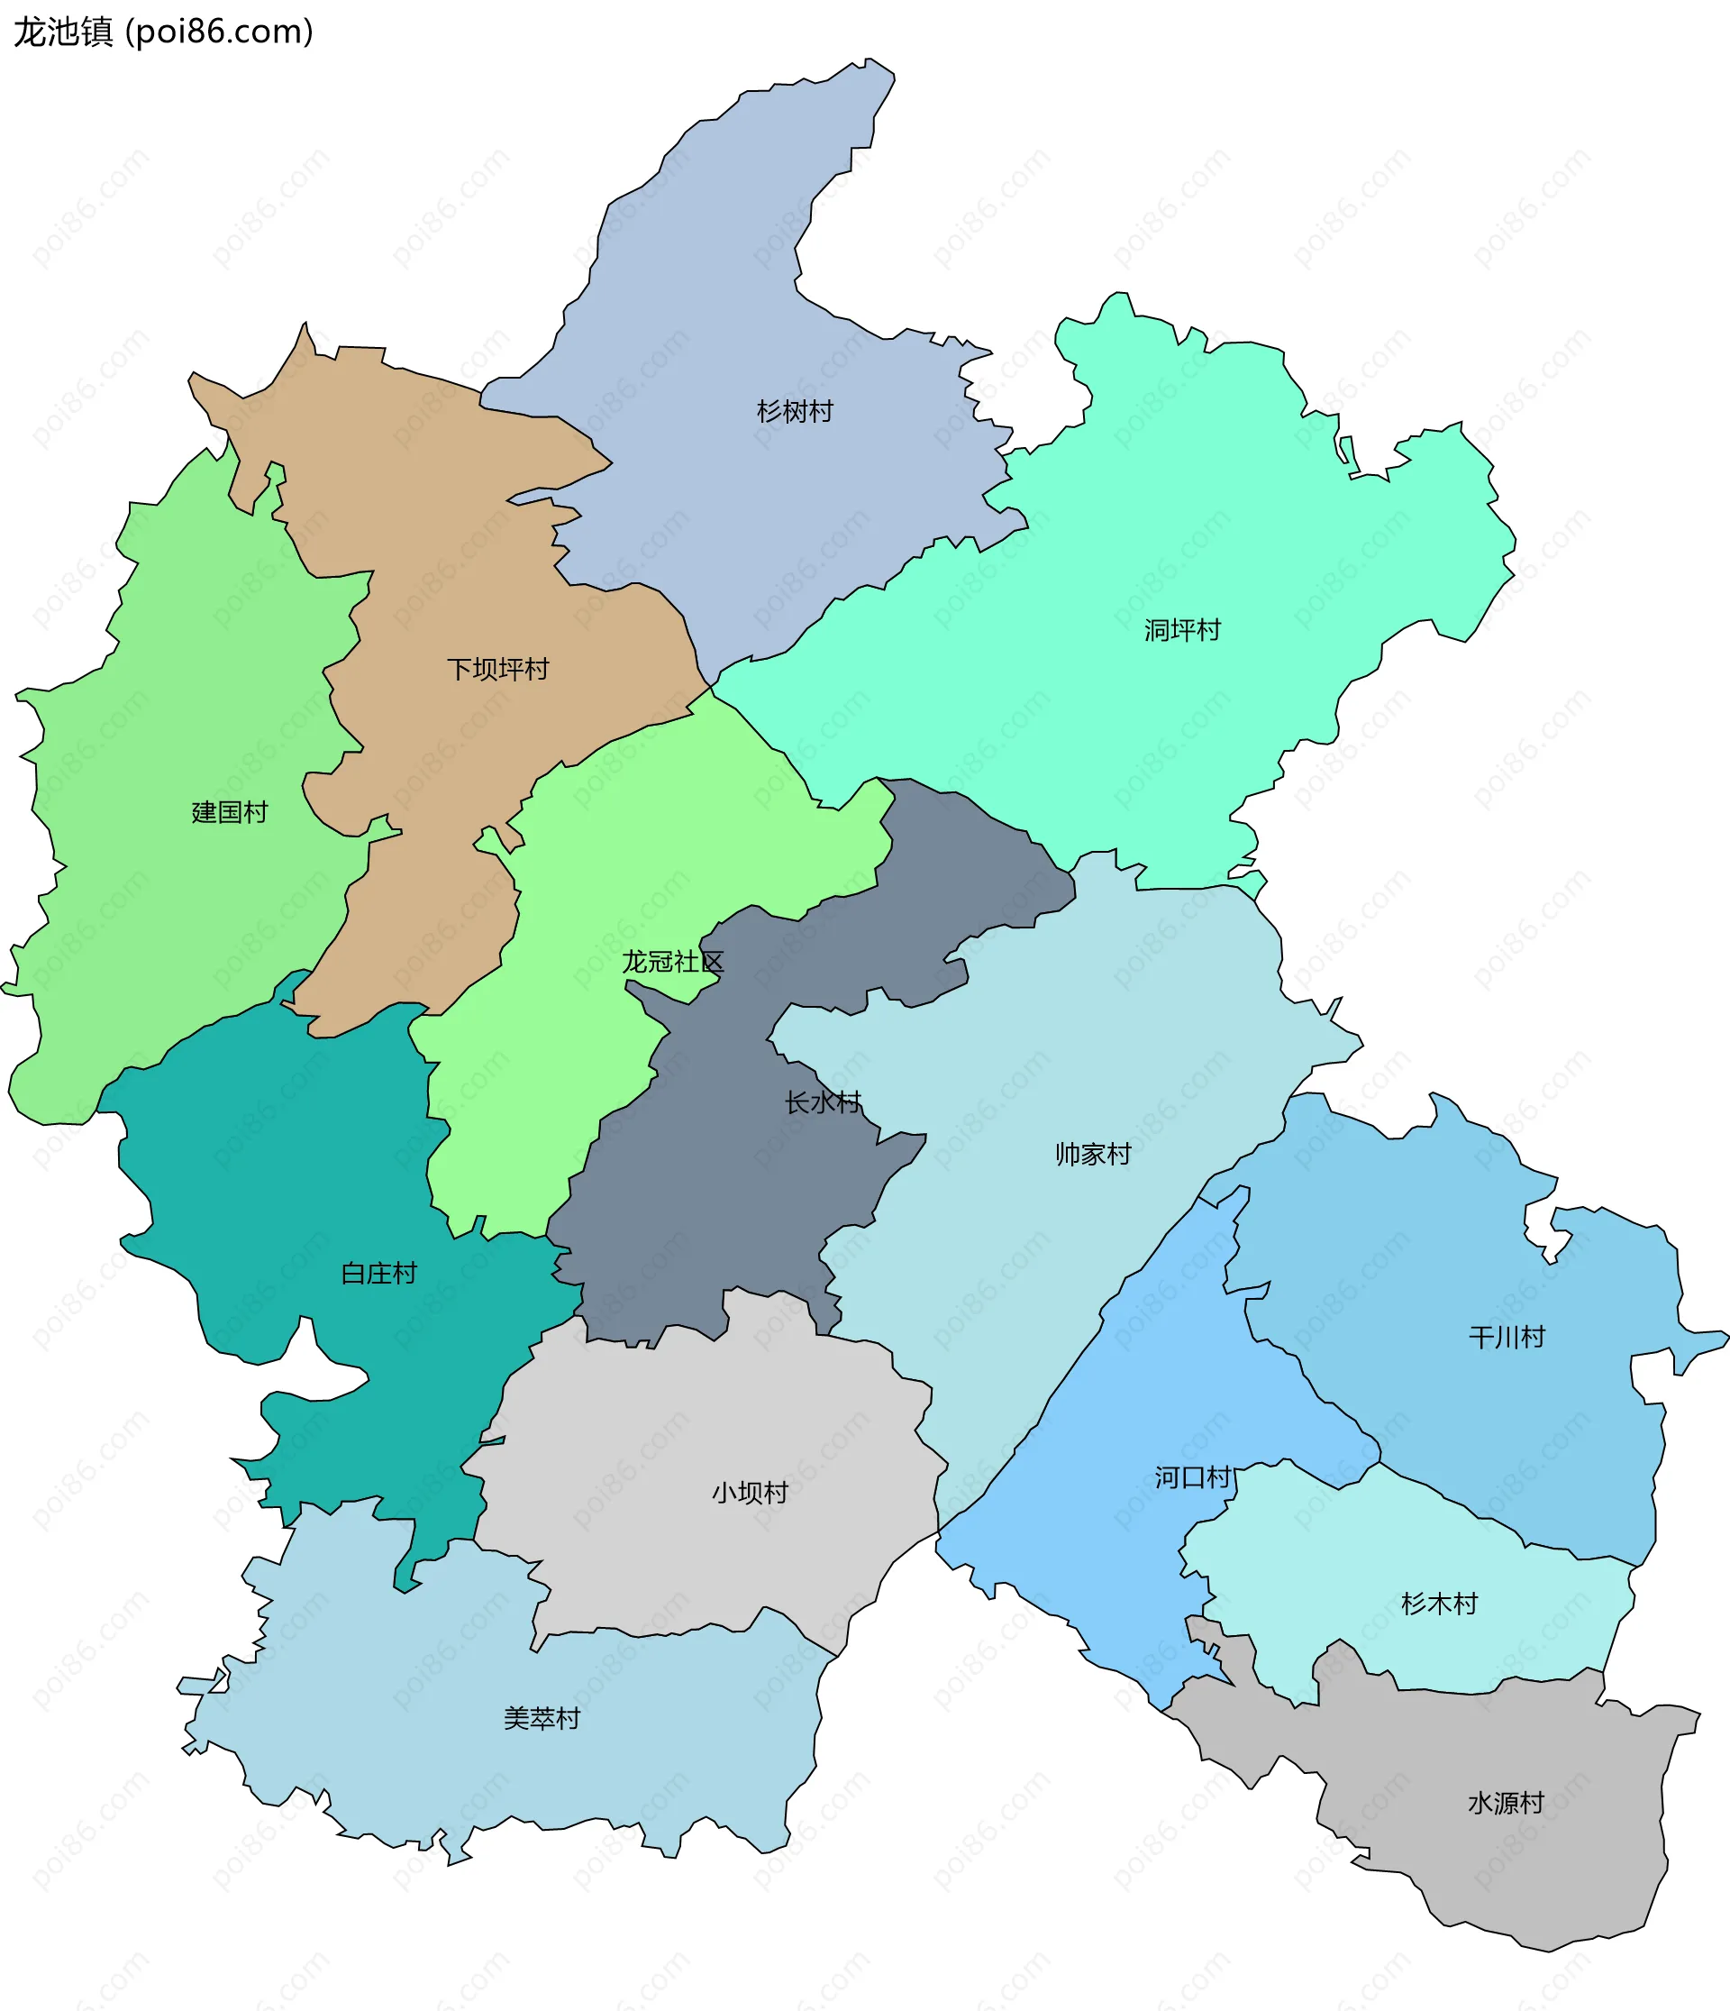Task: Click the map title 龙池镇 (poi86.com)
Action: point(163,32)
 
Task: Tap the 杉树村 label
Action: point(795,412)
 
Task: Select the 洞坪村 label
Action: point(1182,630)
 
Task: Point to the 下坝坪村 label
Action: point(497,669)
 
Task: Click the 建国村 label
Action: point(230,812)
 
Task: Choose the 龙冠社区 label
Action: point(672,962)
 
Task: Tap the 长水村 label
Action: point(823,1102)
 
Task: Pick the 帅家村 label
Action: point(1094,1154)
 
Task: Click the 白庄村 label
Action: point(378,1274)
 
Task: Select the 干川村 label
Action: point(1507,1338)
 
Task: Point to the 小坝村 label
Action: point(750,1493)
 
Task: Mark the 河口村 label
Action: point(1192,1478)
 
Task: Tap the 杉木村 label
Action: point(1440,1604)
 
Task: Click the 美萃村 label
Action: point(542,1719)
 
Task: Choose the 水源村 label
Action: point(1506,1804)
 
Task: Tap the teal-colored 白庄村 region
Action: point(291,1165)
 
